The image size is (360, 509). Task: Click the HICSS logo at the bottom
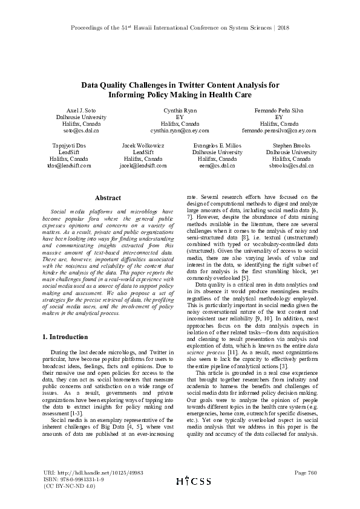pos(193,481)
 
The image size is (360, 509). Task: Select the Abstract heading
pos(108,198)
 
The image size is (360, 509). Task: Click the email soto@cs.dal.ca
pos(80,130)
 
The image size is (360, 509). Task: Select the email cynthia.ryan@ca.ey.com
pos(180,130)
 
